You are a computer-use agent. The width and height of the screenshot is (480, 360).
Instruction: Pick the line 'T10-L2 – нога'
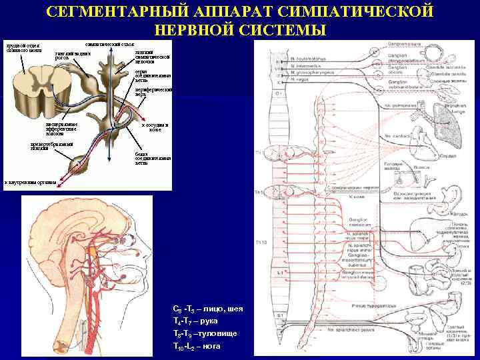coord(197,346)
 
